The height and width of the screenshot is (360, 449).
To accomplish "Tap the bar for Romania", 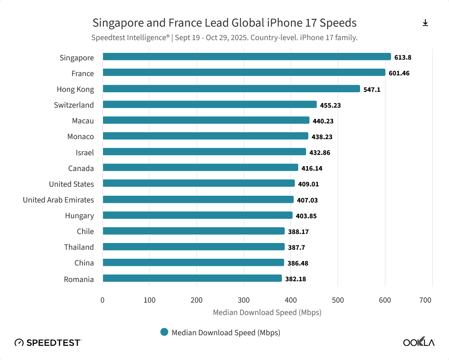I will point(192,278).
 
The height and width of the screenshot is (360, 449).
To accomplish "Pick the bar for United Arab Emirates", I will point(198,199).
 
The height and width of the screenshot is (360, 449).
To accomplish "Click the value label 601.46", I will point(399,73).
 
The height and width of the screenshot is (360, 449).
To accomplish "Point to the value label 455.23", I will point(330,105).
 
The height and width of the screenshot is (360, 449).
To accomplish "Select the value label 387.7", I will point(296,247).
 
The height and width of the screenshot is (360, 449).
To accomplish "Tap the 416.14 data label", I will point(312,168).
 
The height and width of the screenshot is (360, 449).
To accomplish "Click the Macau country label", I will point(83,121).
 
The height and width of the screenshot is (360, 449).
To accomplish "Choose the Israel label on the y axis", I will point(85,153).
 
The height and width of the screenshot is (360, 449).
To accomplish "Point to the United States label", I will point(71,184).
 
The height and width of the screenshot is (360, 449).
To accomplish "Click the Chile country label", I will point(85,231).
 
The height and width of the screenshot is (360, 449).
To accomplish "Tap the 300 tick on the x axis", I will point(244,300).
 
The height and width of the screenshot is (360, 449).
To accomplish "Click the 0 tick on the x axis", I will point(102,300).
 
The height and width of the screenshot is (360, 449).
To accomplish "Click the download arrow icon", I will point(425,23).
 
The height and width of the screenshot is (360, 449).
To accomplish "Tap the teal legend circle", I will point(164,332).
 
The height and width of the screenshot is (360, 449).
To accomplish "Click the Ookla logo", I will point(419,342).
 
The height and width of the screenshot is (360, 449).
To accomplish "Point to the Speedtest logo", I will point(47,342).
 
